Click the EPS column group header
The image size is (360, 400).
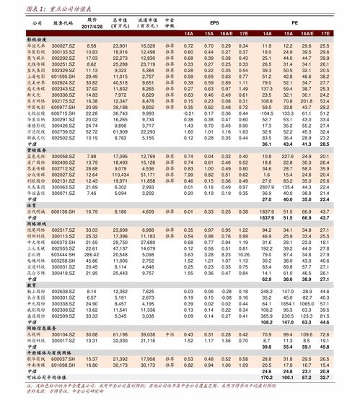pyautogui.click(x=214, y=23)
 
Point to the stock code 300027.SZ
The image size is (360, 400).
pyautogui.click(x=63, y=45)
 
